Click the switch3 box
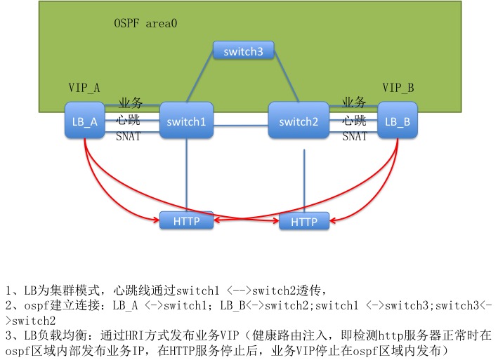[x=243, y=51]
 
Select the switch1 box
[x=186, y=121]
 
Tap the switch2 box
[x=299, y=121]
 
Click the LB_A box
[x=85, y=121]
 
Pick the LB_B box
[x=398, y=121]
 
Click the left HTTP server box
[x=186, y=221]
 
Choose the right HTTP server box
[x=304, y=222]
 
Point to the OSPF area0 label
[x=145, y=23]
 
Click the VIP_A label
[x=84, y=88]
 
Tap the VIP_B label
[x=398, y=88]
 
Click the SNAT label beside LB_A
[x=129, y=137]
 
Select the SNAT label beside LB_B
[x=355, y=137]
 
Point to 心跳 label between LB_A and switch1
[x=129, y=121]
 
